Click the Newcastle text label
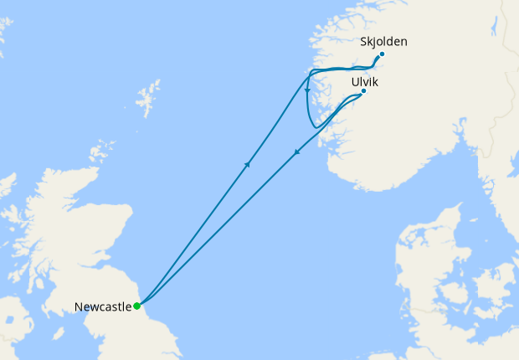tap(103, 307)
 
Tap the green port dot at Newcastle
tap(137, 306)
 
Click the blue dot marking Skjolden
tap(382, 54)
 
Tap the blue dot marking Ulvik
tap(363, 90)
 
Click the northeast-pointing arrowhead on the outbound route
tap(248, 165)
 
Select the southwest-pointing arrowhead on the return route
tap(297, 152)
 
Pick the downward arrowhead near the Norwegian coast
tap(308, 90)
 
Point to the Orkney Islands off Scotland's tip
tap(102, 151)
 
